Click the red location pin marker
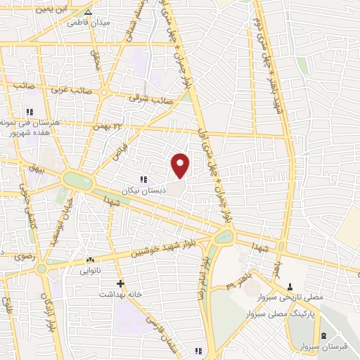[181, 165]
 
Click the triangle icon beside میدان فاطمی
[87, 13]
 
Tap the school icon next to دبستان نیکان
[143, 179]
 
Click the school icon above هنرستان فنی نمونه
[30, 112]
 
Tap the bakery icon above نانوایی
[89, 259]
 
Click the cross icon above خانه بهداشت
[120, 284]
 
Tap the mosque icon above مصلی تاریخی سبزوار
[290, 285]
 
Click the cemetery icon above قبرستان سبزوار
[323, 335]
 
